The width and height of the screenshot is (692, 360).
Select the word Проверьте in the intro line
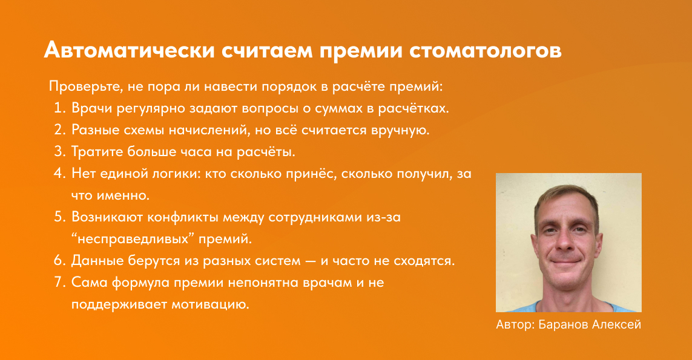pos(79,86)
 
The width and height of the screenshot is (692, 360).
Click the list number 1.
pos(59,109)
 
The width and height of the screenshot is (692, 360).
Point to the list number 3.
pos(59,151)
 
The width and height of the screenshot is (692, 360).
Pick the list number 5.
pos(59,215)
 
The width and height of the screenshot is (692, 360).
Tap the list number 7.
pos(59,282)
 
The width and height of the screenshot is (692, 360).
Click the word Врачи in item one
pos(90,109)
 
